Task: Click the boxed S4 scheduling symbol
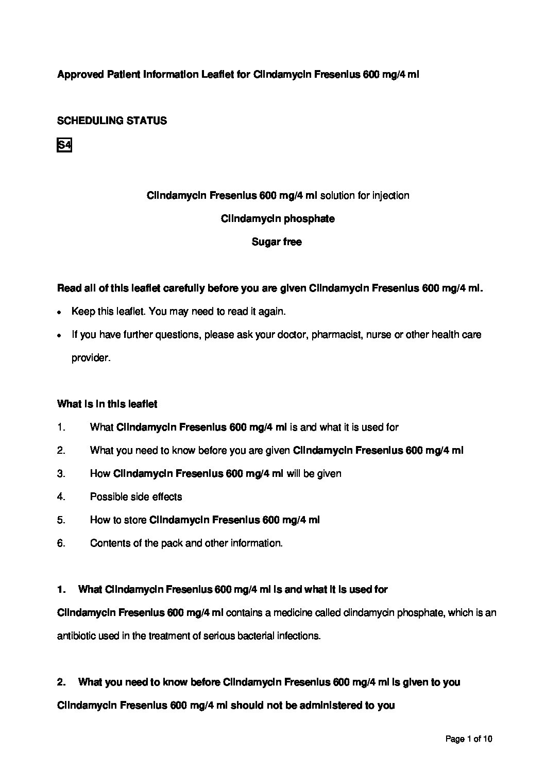coord(64,146)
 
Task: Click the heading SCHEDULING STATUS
coord(112,121)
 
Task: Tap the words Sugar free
coord(277,242)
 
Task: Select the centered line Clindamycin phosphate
coord(278,219)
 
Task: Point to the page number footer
coord(469,739)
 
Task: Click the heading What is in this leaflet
coord(107,404)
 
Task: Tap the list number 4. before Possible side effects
coord(61,497)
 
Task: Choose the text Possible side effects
coord(136,497)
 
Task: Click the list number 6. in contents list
coord(61,543)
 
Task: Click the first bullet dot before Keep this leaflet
coord(60,313)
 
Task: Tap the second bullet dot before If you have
coord(60,336)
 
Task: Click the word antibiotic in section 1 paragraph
coord(75,636)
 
